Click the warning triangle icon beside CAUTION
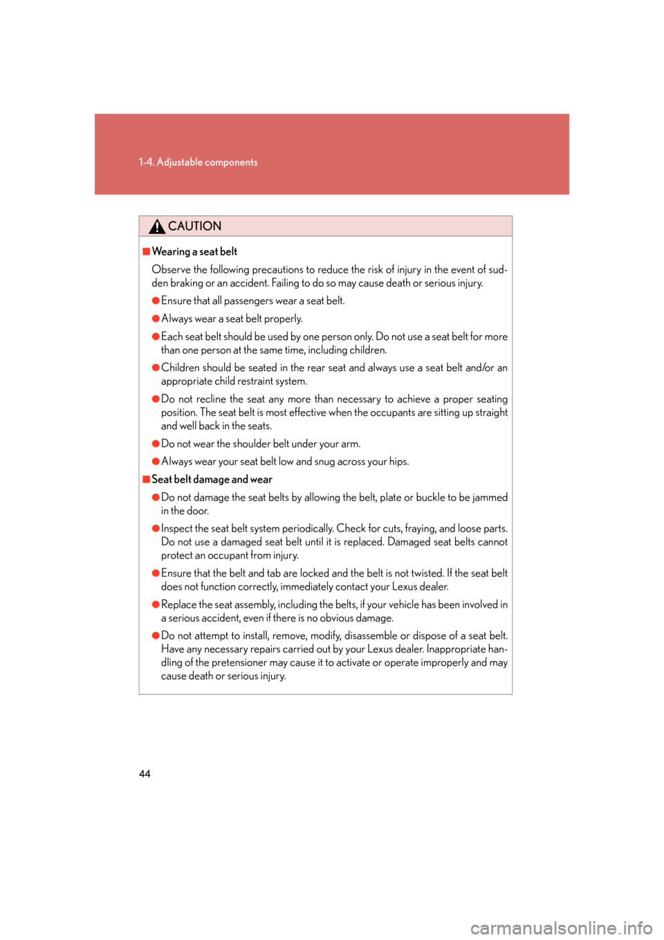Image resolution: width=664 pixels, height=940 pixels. (157, 226)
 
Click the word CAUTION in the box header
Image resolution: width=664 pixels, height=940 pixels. (194, 226)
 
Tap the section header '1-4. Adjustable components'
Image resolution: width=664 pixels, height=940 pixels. (198, 162)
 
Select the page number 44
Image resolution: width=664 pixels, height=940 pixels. (145, 774)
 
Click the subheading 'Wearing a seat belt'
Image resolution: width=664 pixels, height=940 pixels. (194, 252)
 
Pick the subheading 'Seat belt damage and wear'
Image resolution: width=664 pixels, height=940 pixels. (212, 480)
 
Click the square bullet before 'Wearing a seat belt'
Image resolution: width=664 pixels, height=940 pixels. (147, 251)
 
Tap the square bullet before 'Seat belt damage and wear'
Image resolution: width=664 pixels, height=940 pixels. (147, 479)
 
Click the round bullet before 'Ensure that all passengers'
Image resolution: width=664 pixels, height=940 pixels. (156, 300)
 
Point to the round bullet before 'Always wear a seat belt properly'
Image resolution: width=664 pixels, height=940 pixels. (156, 318)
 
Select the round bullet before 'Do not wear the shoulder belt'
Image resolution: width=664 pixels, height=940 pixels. (156, 444)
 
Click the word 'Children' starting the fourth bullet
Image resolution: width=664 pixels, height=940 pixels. (181, 368)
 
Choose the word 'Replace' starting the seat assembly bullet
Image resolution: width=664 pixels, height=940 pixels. (178, 605)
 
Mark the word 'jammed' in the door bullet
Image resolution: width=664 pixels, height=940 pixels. (490, 498)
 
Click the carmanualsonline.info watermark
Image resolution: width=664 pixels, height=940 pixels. (561, 928)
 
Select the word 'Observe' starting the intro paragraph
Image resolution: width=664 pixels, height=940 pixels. (171, 270)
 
